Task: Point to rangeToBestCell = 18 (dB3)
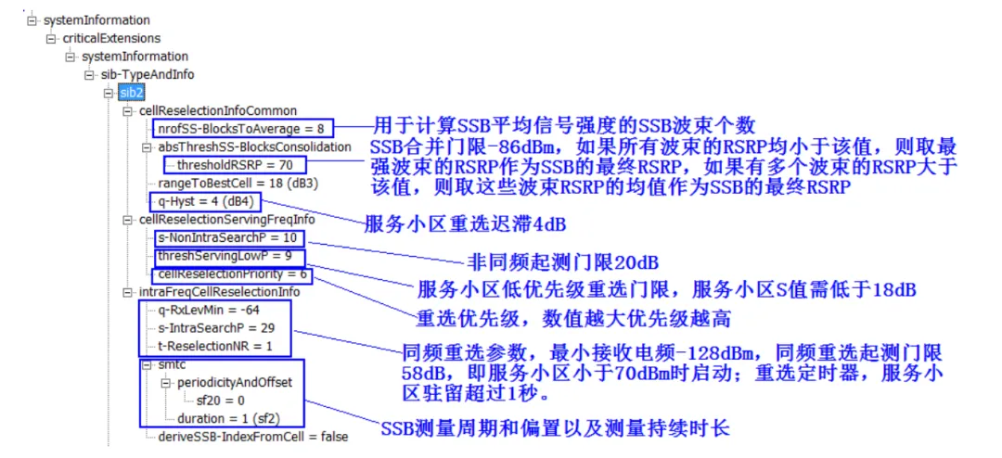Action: [238, 183]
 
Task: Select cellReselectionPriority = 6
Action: [232, 274]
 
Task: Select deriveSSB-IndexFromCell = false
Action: [253, 437]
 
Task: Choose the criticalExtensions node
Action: [111, 38]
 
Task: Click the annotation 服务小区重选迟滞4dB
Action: [465, 225]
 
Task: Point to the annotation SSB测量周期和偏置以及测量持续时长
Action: [556, 428]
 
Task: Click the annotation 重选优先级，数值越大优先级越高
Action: [573, 319]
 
